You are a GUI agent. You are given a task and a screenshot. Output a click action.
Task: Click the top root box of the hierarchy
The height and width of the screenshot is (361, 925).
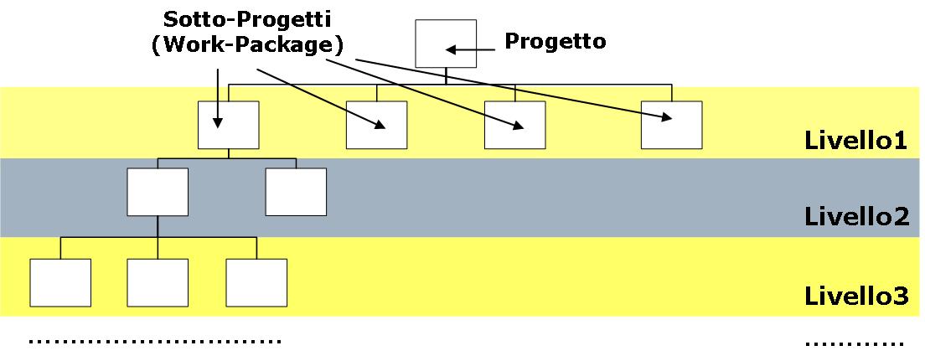point(446,44)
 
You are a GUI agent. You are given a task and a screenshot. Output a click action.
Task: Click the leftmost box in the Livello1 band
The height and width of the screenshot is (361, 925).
point(229,125)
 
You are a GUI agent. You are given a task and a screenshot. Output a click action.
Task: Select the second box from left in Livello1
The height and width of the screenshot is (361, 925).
point(376,125)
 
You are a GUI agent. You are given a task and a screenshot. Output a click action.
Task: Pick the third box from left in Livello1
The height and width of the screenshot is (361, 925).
point(514,125)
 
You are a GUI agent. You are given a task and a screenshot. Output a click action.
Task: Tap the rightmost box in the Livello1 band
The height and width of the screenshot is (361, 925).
point(671,125)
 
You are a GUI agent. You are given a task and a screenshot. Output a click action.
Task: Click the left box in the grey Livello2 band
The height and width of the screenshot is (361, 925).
point(158,192)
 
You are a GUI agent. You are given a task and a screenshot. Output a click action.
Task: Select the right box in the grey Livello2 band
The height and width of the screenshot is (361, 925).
point(295,192)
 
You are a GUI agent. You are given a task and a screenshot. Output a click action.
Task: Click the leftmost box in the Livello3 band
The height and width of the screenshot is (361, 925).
point(60,283)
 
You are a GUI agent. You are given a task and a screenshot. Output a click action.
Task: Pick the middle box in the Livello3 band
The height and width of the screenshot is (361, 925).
point(158,283)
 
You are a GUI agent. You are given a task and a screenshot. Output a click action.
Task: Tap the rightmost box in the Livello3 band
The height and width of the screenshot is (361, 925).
point(256,283)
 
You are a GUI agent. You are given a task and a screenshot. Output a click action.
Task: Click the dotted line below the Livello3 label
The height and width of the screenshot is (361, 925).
point(855,343)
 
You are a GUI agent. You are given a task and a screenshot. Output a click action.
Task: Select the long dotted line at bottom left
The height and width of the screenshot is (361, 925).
point(155,342)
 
